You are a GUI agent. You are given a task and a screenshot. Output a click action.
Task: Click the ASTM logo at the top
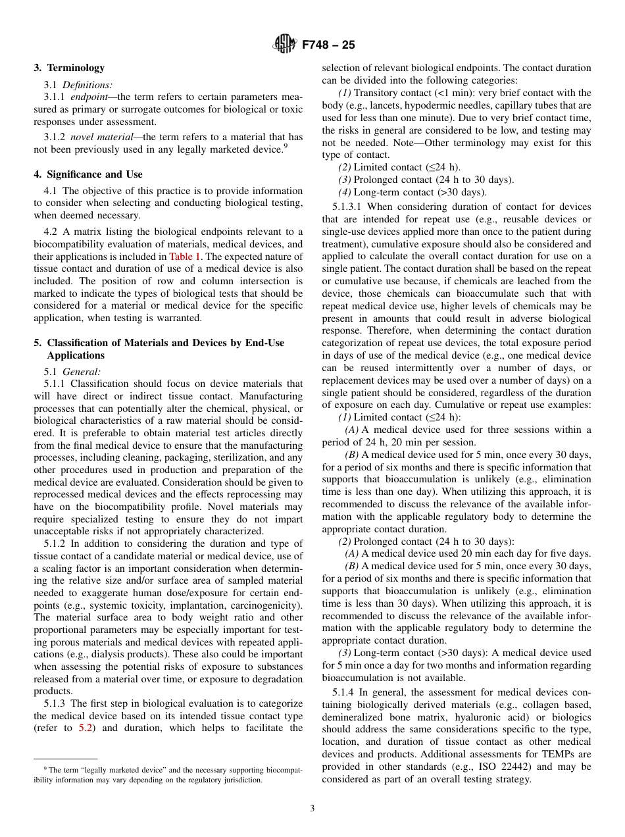coord(285,45)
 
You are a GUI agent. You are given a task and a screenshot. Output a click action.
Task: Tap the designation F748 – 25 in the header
coord(328,45)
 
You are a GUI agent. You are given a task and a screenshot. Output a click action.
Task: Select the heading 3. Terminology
coord(69,68)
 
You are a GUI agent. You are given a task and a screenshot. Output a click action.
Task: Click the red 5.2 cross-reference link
coord(86,728)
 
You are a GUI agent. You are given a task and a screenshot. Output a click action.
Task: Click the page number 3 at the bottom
coord(312,809)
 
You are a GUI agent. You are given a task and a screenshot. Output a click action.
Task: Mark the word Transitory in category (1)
coord(376,93)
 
